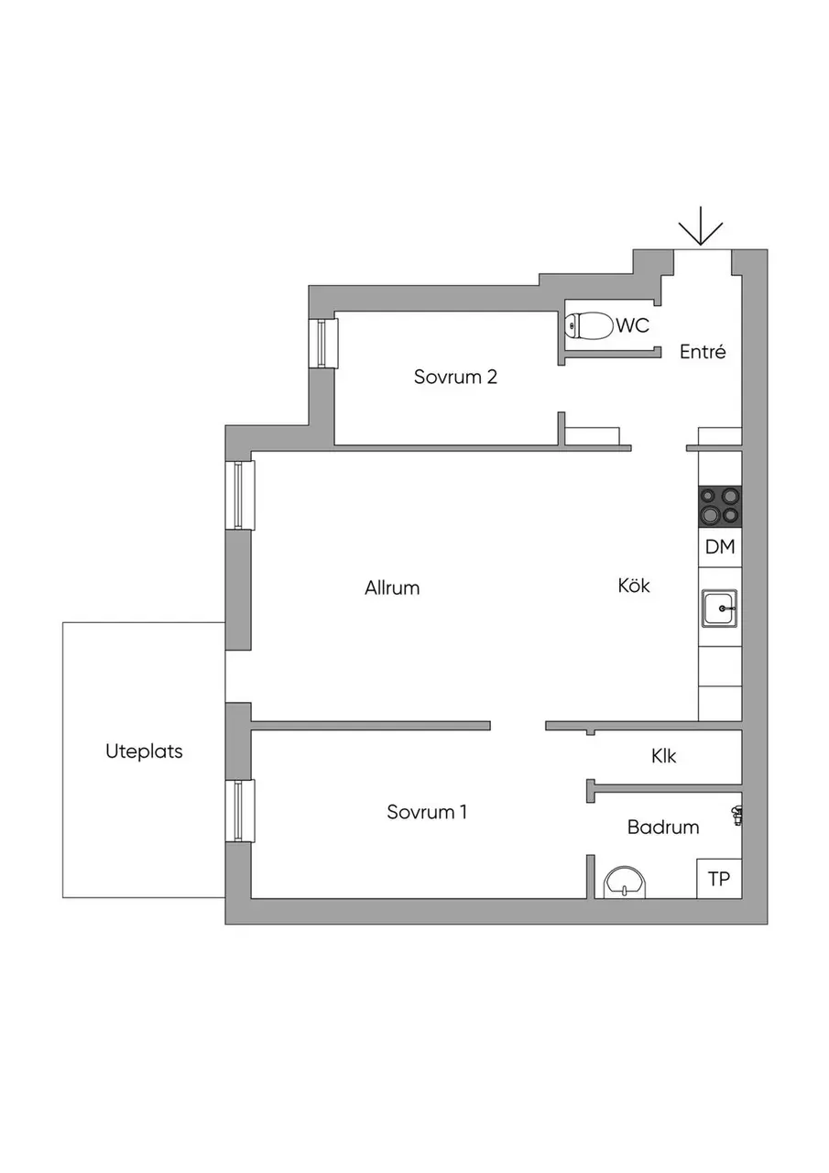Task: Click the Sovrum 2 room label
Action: coord(455,377)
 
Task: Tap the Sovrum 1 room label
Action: coord(427,812)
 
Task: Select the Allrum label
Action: coord(392,588)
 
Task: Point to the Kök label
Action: coord(634,585)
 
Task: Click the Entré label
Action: coord(703,351)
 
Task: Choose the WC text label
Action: coord(633,325)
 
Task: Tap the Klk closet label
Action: coord(663,756)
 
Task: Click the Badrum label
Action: coord(663,828)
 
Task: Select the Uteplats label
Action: coord(144,751)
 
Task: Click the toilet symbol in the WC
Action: coord(590,326)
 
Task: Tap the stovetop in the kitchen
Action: coord(720,506)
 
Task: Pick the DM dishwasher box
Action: coord(720,547)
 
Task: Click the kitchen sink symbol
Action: coord(720,608)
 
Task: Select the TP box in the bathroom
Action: coord(719,879)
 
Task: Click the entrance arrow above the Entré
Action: coord(700,227)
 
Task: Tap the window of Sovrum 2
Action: coord(323,343)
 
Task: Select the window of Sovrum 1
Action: coord(240,811)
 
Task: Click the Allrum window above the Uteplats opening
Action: coord(240,495)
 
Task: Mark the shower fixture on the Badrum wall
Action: coord(736,816)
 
